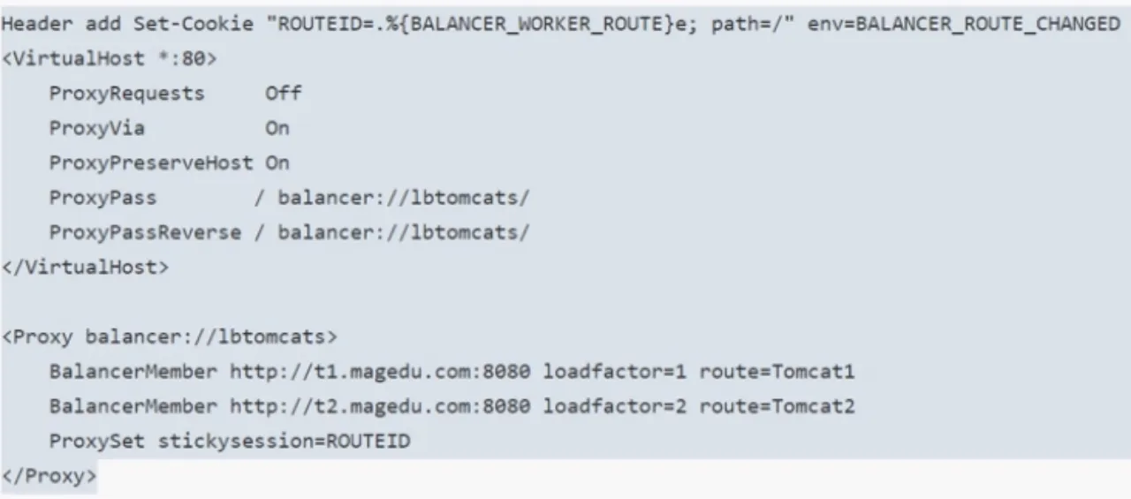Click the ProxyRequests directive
coord(126,94)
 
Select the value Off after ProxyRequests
coord(283,94)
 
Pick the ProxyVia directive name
coord(96,128)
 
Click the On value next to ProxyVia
coord(277,128)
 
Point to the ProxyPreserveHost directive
coord(150,163)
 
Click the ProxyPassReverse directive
coord(145,232)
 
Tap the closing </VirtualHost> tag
coord(85,267)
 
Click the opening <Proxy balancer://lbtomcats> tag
coord(169,336)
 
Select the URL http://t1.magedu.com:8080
coord(380,372)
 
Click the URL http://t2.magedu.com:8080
coord(380,406)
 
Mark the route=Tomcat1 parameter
coord(777,372)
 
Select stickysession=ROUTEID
coord(284,441)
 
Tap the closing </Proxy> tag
coord(49,476)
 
